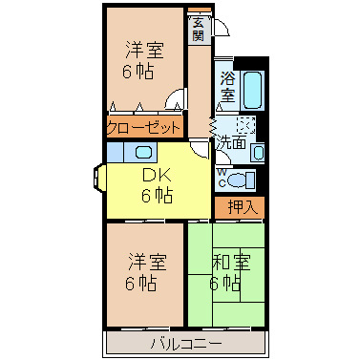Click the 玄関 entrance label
pos(198,30)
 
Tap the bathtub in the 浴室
pos(253,90)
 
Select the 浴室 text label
pos(228,87)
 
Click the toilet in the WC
pos(241,180)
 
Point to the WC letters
pos(222,178)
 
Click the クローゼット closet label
pos(143,128)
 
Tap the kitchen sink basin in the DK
pos(143,152)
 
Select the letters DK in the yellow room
pos(158,176)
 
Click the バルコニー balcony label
pos(186,344)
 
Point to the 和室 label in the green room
pos(232,262)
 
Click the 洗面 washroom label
pos(231,144)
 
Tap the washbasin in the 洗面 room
pos(259,152)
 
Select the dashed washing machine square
pos(245,125)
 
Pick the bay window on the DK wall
pos(98,179)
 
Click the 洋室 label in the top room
pos(145,50)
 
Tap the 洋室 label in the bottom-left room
pos(147,262)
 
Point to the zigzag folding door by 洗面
pos(212,129)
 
